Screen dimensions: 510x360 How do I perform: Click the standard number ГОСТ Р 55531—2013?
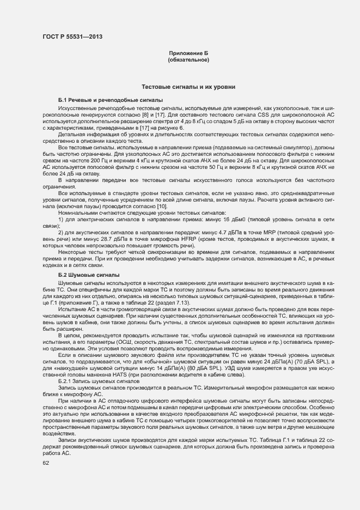click(x=72, y=37)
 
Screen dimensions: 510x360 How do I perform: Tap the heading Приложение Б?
click(x=188, y=53)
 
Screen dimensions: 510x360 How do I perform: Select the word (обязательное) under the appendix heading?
click(x=188, y=60)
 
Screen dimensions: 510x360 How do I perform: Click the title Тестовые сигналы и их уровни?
click(x=188, y=87)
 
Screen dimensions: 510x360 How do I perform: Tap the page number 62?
click(x=46, y=463)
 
